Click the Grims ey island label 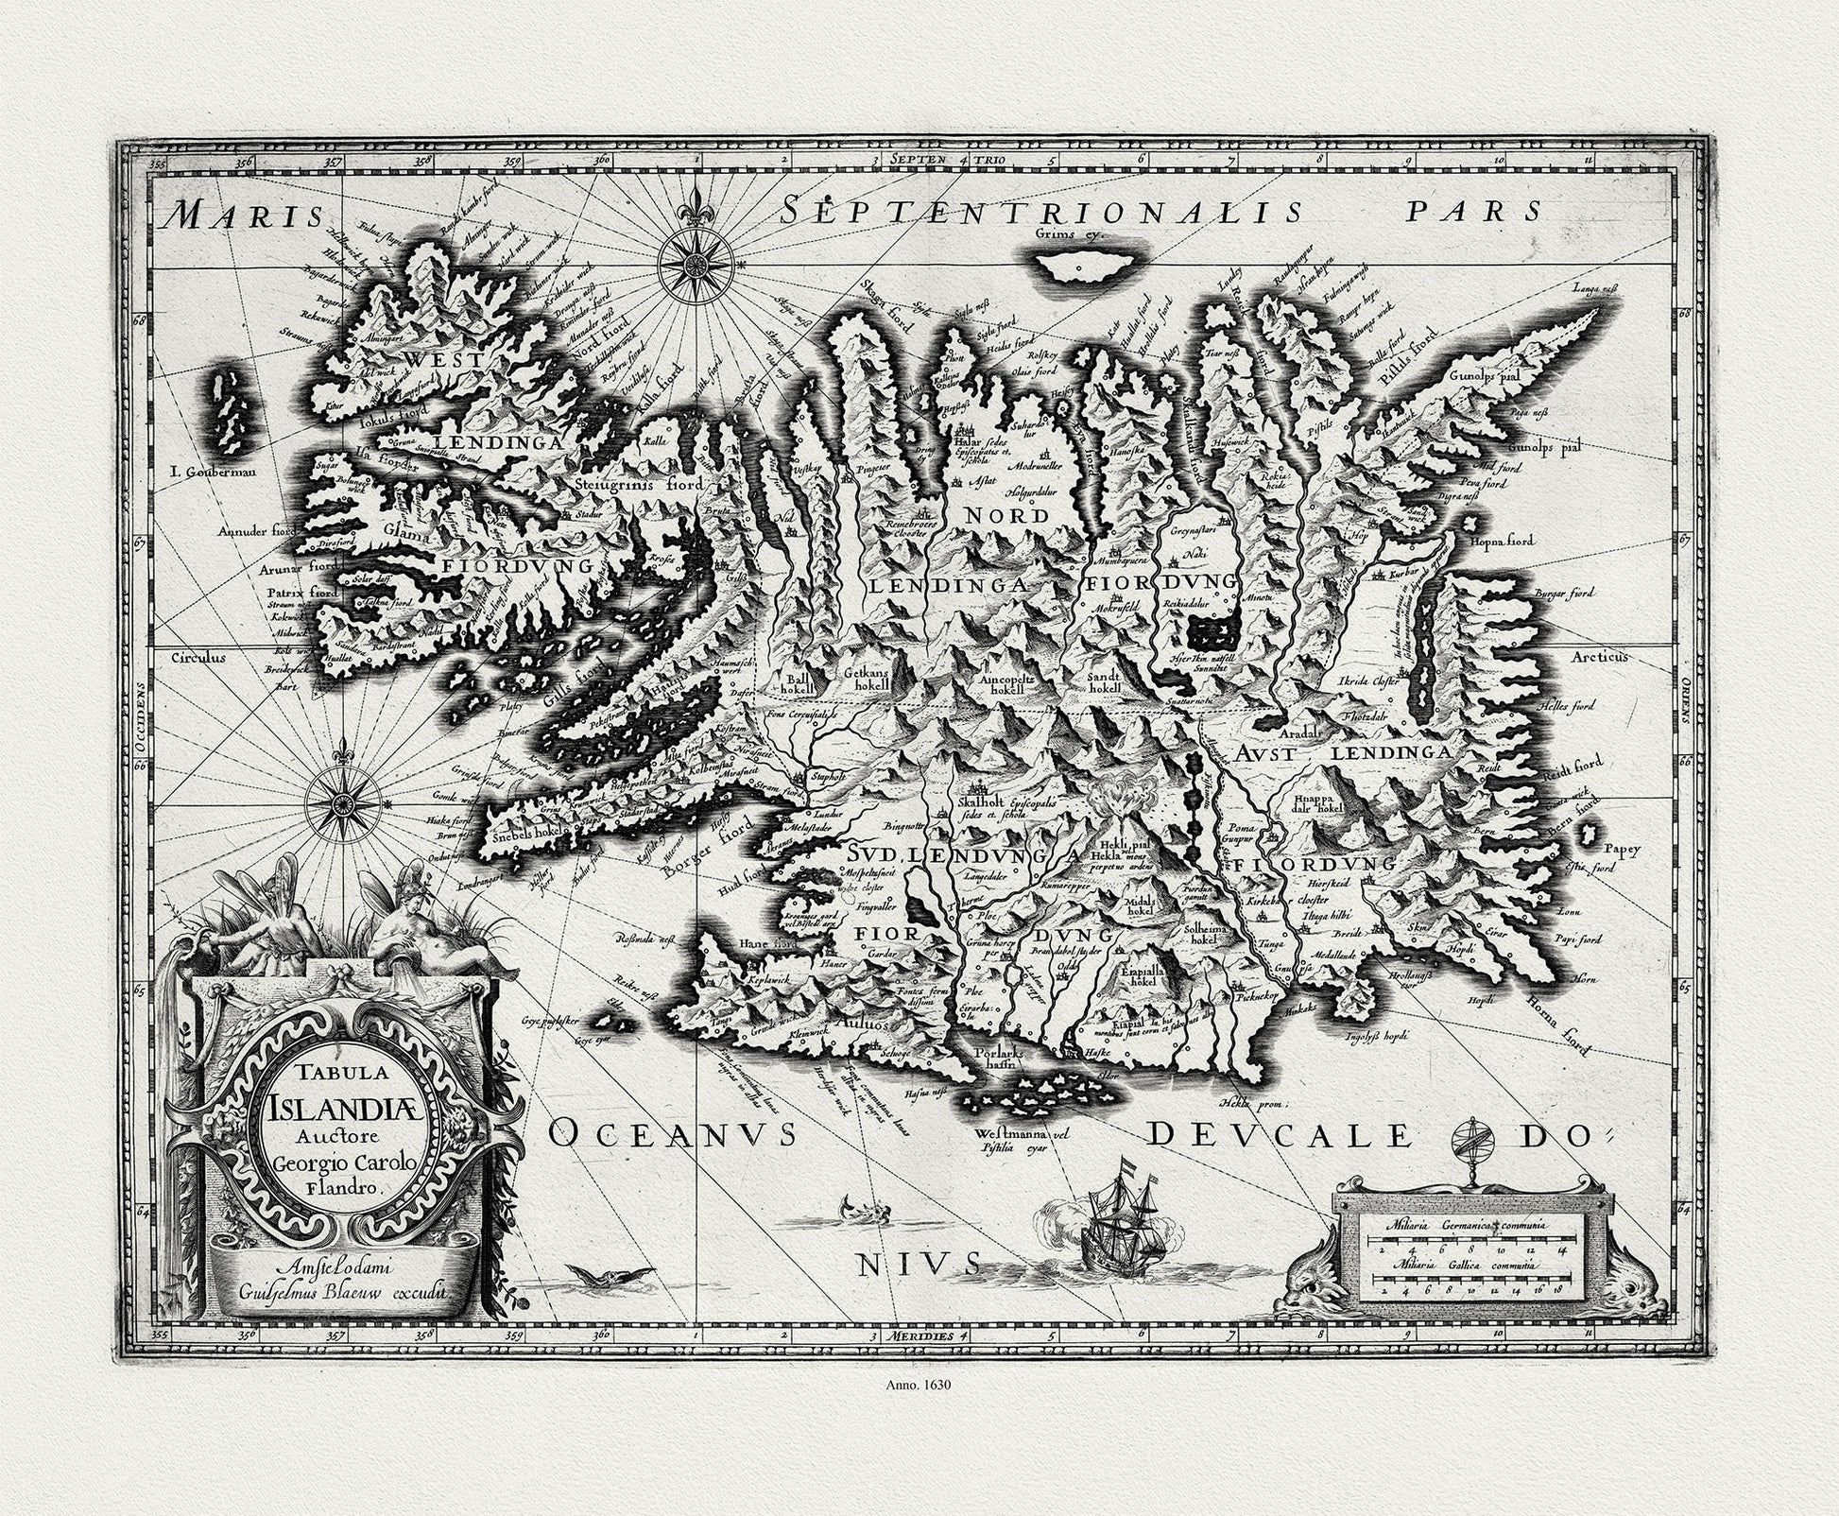1069,233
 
